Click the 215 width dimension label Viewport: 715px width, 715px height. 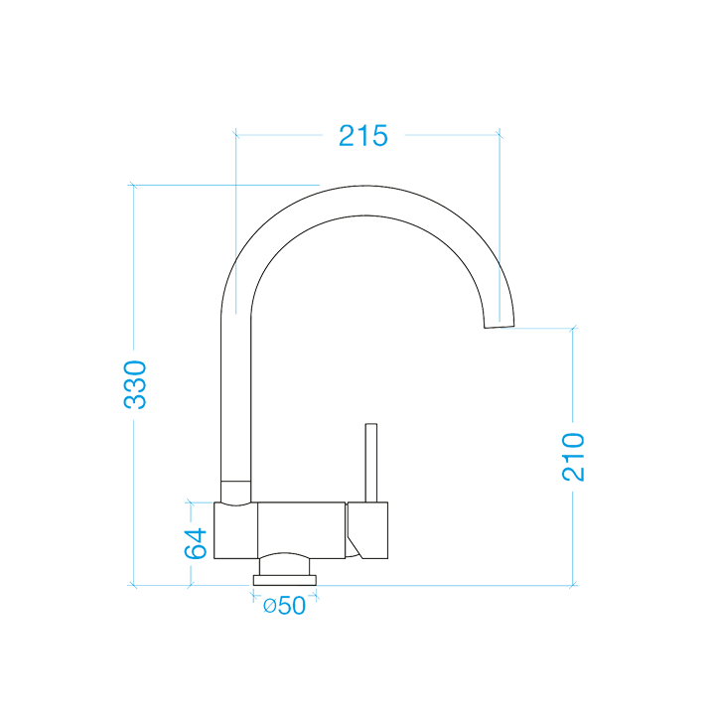(x=362, y=136)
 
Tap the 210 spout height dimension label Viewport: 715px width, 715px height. (x=574, y=457)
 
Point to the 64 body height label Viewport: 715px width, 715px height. (x=196, y=543)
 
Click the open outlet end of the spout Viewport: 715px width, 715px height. (x=500, y=326)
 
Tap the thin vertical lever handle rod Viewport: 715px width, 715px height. (x=372, y=463)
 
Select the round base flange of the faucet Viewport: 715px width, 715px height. (x=286, y=579)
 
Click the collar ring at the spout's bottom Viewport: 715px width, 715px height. (x=235, y=492)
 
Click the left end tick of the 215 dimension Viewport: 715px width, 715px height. (x=235, y=132)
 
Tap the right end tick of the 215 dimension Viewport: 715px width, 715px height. (x=500, y=132)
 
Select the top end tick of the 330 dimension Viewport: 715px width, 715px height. (x=132, y=185)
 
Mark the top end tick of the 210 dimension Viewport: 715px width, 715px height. (x=573, y=328)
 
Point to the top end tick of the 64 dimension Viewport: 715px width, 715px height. (x=191, y=502)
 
